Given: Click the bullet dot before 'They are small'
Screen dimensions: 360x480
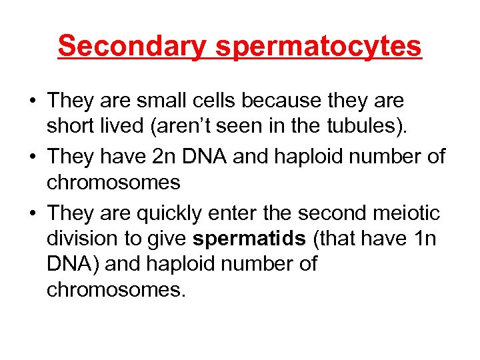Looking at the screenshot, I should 32,101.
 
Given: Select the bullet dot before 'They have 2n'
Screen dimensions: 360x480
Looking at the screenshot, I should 32,158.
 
